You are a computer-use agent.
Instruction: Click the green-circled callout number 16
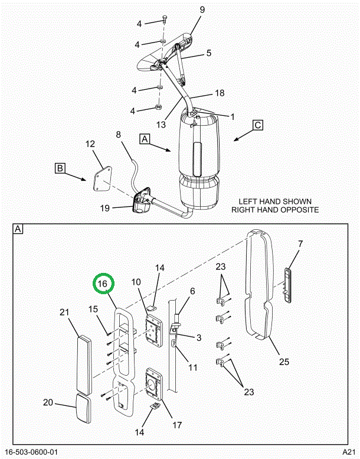pyautogui.click(x=103, y=284)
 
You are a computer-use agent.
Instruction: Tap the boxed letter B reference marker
pyautogui.click(x=60, y=168)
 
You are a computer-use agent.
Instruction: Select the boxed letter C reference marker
pyautogui.click(x=258, y=125)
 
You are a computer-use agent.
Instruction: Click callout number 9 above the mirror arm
pyautogui.click(x=202, y=10)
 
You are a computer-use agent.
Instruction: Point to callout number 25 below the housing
pyautogui.click(x=284, y=362)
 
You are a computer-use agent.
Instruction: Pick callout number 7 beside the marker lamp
pyautogui.click(x=300, y=243)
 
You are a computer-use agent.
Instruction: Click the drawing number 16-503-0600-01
pyautogui.click(x=32, y=452)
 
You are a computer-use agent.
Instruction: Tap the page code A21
pyautogui.click(x=349, y=452)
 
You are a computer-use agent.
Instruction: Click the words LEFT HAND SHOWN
pyautogui.click(x=275, y=201)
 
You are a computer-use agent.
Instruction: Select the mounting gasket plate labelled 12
pyautogui.click(x=102, y=179)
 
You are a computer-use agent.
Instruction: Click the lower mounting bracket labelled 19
pyautogui.click(x=142, y=201)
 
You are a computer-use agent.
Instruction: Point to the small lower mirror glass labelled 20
pyautogui.click(x=84, y=408)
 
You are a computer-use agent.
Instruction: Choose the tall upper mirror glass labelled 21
pyautogui.click(x=84, y=364)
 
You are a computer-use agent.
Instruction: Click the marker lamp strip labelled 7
pyautogui.click(x=287, y=285)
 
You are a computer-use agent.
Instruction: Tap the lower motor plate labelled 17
pyautogui.click(x=153, y=384)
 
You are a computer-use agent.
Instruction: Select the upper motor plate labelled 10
pyautogui.click(x=154, y=330)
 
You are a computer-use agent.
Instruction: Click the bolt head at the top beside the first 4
pyautogui.click(x=164, y=19)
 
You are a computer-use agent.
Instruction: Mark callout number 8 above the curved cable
pyautogui.click(x=118, y=135)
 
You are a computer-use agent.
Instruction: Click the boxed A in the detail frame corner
pyautogui.click(x=18, y=229)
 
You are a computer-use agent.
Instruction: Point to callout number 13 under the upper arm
pyautogui.click(x=161, y=125)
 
